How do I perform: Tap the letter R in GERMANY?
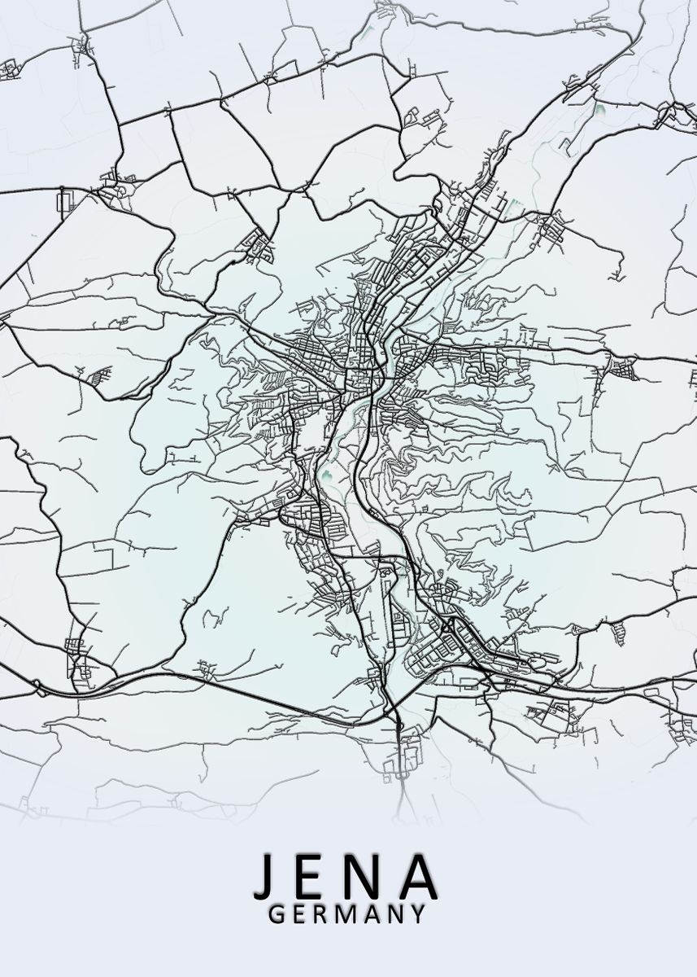(322, 914)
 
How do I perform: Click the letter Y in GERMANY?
(418, 914)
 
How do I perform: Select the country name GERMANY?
(346, 914)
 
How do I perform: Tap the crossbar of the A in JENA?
(417, 885)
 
